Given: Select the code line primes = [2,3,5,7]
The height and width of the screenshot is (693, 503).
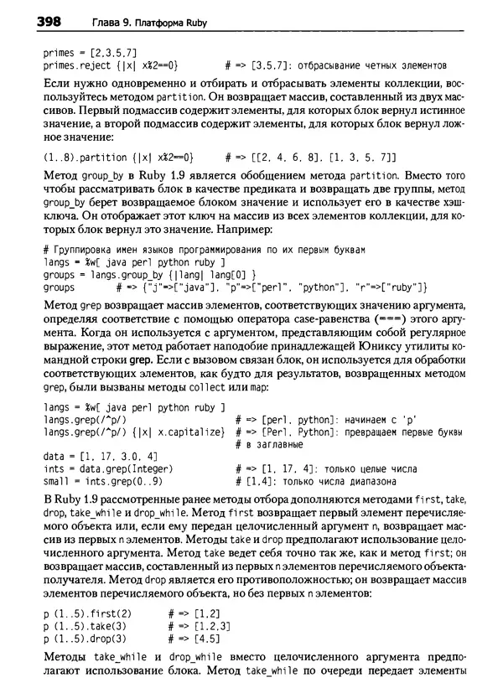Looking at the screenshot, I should (x=85, y=52).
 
